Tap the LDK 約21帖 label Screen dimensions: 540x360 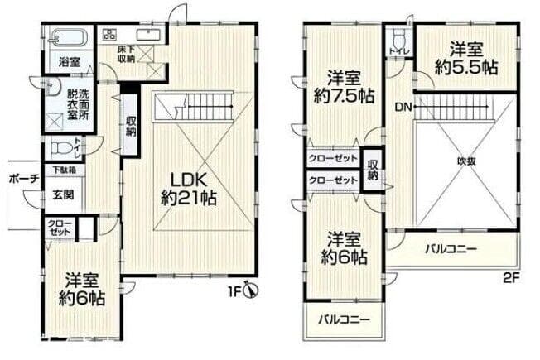coord(189,189)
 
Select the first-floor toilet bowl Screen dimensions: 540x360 coord(62,148)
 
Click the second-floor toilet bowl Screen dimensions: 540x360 coord(399,39)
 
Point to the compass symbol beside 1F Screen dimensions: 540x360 coord(251,290)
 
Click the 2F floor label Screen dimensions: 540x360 coord(511,277)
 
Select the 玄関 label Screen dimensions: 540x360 coord(63,194)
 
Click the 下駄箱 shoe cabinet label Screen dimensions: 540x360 coord(65,170)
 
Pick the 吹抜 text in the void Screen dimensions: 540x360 coord(466,161)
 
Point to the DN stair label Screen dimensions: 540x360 coord(403,107)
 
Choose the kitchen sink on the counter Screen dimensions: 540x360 coord(149,35)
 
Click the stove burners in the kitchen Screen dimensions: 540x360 coord(110,34)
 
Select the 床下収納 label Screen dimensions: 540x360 coord(127,54)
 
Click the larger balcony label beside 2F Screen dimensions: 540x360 coord(451,248)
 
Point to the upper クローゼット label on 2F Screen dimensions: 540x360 coord(333,159)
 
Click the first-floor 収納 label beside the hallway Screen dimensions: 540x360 coord(131,127)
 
